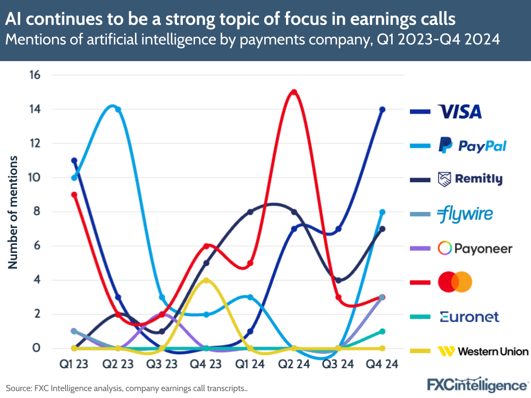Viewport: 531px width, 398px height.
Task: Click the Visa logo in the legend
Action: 460,112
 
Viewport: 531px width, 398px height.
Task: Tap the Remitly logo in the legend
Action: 469,179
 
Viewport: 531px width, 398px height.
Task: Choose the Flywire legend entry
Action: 465,214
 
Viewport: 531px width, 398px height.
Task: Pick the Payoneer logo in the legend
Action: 475,248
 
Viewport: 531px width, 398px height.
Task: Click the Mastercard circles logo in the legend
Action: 455,282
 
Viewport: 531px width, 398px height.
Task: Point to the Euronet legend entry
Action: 469,317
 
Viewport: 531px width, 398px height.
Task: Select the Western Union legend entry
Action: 483,351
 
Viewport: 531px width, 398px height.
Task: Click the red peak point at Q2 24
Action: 294,92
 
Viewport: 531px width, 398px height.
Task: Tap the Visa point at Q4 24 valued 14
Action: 382,109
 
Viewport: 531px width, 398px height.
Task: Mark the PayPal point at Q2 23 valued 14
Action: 118,109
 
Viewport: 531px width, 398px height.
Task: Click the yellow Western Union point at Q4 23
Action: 206,280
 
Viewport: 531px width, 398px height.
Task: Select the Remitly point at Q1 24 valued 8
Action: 250,211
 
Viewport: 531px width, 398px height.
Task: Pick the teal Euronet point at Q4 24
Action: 382,331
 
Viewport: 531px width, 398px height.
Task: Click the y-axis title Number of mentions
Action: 13,212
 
